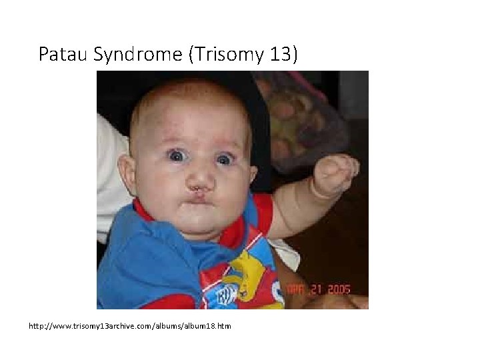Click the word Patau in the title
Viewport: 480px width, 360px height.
(63, 54)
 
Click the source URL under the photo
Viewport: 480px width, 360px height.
(129, 326)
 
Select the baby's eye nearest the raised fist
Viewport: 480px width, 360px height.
(225, 159)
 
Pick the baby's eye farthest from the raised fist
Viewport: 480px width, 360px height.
(177, 155)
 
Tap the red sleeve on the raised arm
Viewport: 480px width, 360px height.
(262, 213)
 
